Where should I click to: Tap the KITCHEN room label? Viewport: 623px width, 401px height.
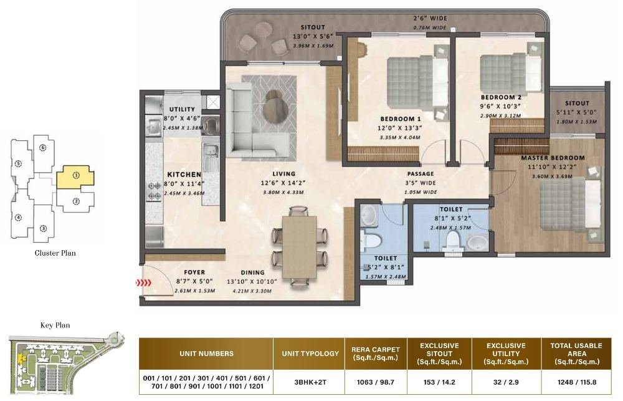(184, 175)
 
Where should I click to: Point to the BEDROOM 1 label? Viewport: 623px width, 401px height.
(401, 118)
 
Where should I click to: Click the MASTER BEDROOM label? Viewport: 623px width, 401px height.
(553, 158)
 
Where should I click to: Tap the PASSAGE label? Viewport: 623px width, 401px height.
(421, 174)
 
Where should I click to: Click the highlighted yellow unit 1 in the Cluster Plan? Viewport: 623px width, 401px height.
(75, 177)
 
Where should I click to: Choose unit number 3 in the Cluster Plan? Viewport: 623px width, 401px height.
(43, 228)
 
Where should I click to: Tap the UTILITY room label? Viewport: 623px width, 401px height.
(183, 110)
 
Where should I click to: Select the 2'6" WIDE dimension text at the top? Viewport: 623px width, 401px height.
(429, 18)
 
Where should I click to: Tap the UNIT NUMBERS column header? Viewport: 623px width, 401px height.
(206, 354)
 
